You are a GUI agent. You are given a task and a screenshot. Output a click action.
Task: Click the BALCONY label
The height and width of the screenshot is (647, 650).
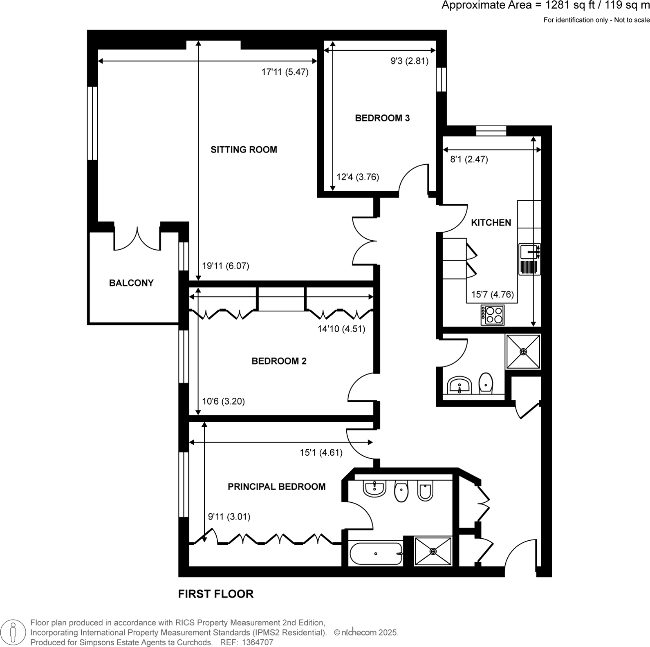[x=131, y=283]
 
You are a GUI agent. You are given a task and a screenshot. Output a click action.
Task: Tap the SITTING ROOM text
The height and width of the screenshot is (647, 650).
[x=244, y=150]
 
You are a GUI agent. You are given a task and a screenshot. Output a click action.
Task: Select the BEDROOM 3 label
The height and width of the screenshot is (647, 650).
[x=382, y=118]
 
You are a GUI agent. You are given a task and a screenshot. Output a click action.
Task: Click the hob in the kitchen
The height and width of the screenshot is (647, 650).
[x=493, y=315]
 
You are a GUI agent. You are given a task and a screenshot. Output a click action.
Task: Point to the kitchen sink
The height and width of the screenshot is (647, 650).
[x=530, y=252]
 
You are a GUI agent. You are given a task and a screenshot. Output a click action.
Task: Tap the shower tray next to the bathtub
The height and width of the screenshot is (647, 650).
[x=433, y=551]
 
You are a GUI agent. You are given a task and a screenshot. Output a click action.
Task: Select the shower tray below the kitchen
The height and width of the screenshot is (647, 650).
[x=523, y=351]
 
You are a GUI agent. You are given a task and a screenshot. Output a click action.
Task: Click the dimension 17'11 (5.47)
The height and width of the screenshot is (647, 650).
[x=285, y=72]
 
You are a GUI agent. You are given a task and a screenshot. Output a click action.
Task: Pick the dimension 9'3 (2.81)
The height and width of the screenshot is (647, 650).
[x=409, y=61]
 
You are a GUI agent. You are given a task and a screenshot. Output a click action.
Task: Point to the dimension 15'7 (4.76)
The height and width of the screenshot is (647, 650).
[x=492, y=295]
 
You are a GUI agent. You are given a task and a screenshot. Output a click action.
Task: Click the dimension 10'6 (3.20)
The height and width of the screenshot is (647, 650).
[x=223, y=401]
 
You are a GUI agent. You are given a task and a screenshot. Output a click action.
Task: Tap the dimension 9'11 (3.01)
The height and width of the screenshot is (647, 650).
[x=229, y=517]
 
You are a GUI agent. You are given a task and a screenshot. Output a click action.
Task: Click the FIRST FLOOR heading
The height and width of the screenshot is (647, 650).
[x=216, y=594]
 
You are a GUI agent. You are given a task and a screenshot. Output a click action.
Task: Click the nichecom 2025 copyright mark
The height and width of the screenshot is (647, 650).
[x=366, y=632]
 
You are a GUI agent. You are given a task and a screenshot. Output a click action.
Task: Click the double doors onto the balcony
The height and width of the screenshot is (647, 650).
[x=137, y=239]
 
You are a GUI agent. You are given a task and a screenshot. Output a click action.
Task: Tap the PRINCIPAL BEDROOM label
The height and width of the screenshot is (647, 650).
[x=276, y=486]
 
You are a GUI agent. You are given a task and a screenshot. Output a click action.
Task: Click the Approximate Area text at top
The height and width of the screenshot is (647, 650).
[x=545, y=6]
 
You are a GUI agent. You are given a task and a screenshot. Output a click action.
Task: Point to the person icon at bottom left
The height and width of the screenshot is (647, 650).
[x=13, y=632]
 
